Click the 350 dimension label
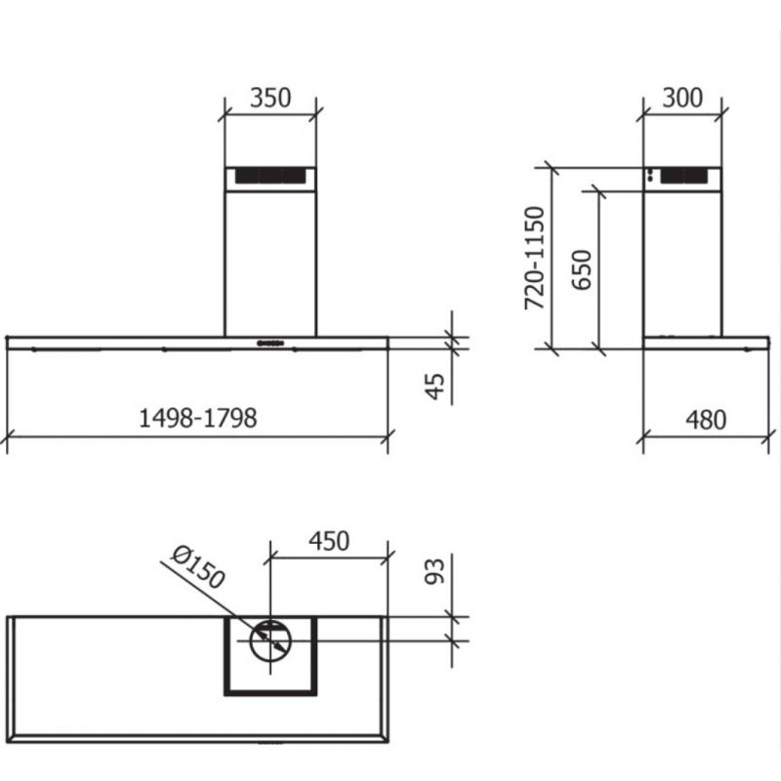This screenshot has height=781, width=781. point(270,98)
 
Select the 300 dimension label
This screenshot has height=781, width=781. point(683,98)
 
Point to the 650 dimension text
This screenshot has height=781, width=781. point(582,269)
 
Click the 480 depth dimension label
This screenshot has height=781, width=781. point(706,420)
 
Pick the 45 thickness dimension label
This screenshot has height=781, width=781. point(435,386)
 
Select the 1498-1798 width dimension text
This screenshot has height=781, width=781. point(198,418)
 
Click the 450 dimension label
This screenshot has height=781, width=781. point(329,541)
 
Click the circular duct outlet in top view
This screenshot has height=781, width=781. point(270,640)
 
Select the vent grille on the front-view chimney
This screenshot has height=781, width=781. point(270,178)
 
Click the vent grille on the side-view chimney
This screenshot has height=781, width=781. point(686,177)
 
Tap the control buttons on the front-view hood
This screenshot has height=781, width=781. point(270,343)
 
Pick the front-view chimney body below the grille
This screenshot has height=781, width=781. point(270,259)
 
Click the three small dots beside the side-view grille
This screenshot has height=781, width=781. point(650,177)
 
